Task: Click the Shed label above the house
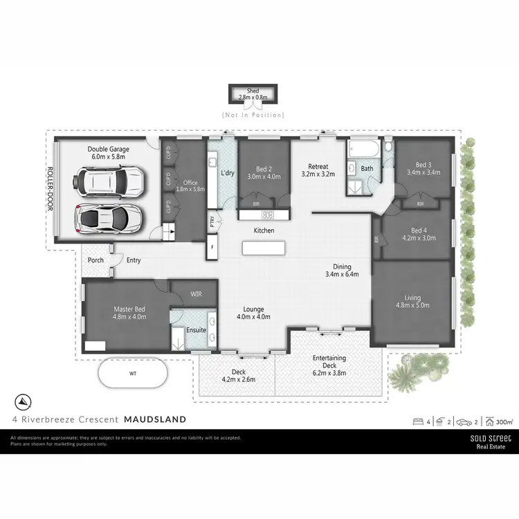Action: click(253, 91)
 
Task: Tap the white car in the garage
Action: click(109, 182)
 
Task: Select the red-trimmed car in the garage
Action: click(109, 219)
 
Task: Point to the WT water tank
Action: click(133, 374)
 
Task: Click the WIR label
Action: click(197, 295)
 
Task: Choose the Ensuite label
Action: click(196, 330)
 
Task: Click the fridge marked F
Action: click(212, 246)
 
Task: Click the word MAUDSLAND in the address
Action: click(155, 419)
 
